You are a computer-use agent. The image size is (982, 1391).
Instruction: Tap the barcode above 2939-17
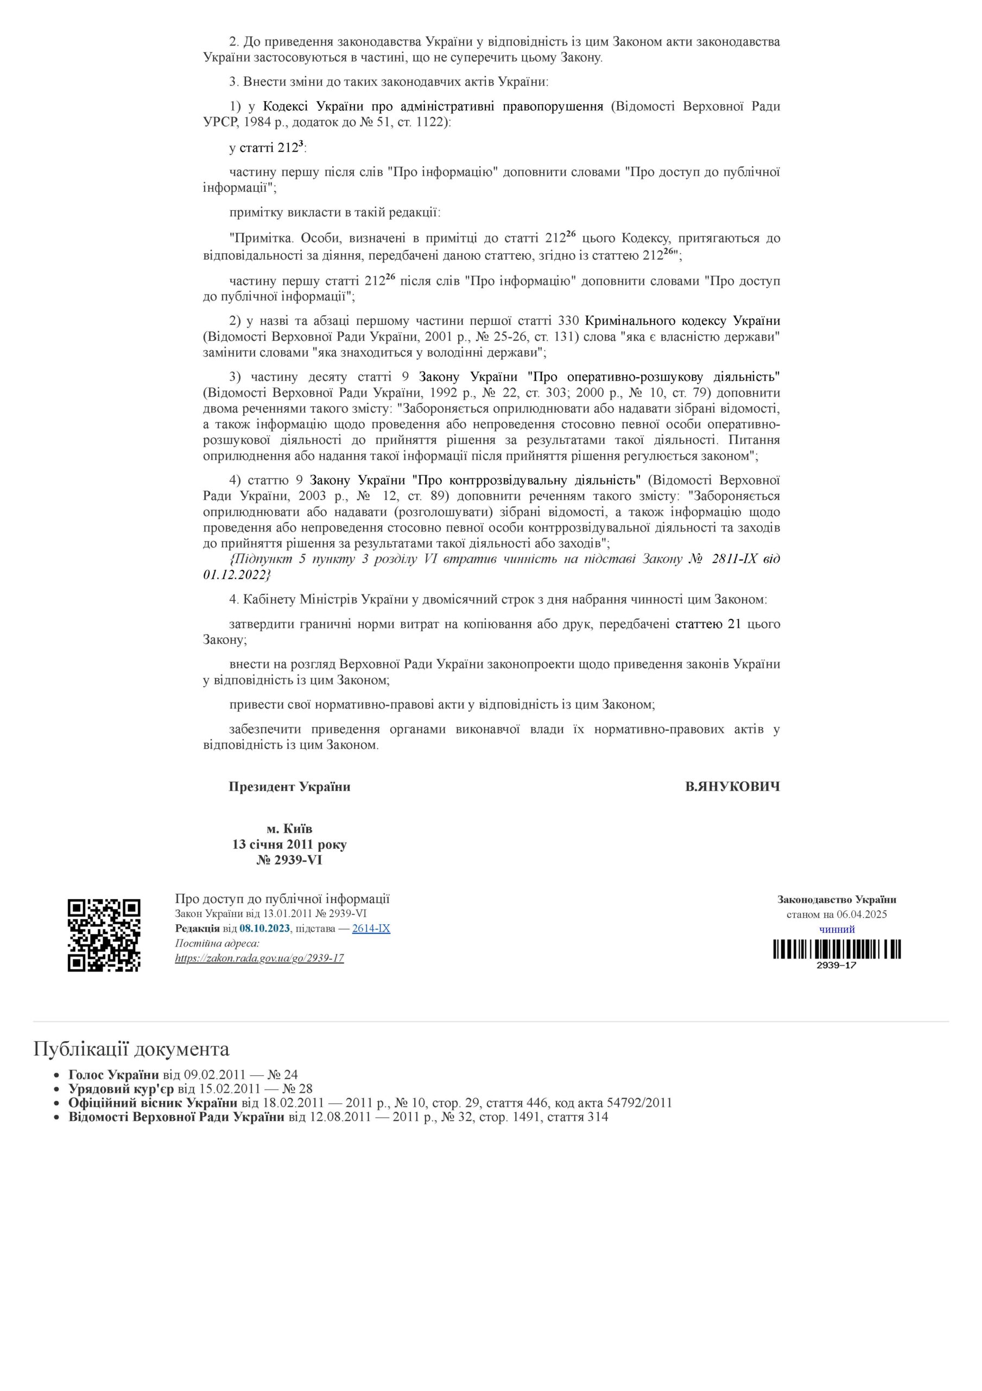pos(837,949)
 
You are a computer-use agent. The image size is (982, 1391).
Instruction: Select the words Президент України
pos(289,787)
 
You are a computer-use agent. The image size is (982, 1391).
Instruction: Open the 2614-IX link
pos(371,928)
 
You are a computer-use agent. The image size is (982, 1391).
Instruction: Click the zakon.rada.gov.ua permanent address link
pos(259,958)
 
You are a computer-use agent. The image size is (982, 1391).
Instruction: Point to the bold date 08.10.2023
pos(264,928)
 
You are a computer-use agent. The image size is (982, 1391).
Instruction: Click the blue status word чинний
pos(837,929)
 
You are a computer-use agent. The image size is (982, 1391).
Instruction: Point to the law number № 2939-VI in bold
pos(289,860)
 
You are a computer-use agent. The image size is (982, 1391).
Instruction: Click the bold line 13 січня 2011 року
pos(289,844)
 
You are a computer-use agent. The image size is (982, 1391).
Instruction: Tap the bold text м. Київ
pos(289,828)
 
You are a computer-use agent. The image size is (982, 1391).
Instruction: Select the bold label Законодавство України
pos(837,900)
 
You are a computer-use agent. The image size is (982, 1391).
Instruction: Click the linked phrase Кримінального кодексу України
pos(682,321)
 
